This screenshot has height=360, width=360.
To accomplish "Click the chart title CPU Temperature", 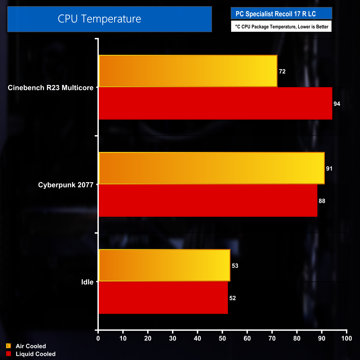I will click(99, 19).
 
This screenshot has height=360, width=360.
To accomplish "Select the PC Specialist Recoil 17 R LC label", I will click(276, 14).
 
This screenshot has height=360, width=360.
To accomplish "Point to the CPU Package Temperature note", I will click(281, 27).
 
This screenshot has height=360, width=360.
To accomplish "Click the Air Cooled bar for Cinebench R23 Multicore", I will click(188, 71).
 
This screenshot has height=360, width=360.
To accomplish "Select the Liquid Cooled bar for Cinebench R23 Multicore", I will click(215, 103).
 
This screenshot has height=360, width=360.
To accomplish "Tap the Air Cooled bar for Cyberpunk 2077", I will click(212, 168).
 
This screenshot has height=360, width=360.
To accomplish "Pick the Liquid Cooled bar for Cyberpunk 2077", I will click(208, 200).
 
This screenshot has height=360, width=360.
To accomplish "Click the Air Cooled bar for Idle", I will click(164, 265).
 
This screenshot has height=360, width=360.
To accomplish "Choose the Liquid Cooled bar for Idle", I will click(163, 298).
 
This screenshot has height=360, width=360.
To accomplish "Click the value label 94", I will click(337, 104).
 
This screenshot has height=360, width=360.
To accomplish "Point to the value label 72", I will click(282, 71).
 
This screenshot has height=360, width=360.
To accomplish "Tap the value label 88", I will click(322, 201).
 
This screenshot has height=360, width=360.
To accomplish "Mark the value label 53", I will click(235, 266).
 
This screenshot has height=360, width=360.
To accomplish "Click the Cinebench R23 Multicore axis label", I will click(51, 88).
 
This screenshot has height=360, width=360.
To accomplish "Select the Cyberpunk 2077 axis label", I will click(66, 185).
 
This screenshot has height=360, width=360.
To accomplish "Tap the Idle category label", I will click(87, 282).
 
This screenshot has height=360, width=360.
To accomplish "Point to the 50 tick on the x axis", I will click(222, 338).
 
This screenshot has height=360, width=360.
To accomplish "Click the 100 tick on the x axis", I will click(346, 338).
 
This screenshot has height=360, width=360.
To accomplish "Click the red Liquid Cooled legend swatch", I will click(9, 354).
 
